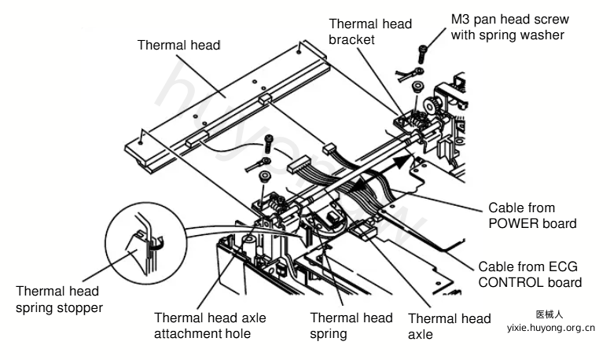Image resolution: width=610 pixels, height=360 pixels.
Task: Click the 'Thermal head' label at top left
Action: point(178,45)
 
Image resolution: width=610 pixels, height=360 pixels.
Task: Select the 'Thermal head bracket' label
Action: point(370,31)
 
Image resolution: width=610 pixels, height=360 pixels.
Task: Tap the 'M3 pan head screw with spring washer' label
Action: point(509,27)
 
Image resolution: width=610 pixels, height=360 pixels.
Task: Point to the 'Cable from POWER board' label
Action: point(532,215)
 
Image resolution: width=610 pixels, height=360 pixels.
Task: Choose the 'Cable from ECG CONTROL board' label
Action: point(530,274)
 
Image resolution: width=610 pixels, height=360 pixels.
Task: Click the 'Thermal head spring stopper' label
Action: point(59,299)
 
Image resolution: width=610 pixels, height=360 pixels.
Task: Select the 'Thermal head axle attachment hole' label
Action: point(210,325)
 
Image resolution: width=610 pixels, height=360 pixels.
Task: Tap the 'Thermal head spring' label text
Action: point(351,325)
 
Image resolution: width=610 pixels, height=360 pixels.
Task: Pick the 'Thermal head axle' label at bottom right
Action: point(449,326)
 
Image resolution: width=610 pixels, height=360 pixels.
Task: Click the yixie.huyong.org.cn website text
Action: point(550,328)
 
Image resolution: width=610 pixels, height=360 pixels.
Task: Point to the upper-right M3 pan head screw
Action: point(422,53)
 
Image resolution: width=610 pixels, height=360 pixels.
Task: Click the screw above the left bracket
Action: point(268,144)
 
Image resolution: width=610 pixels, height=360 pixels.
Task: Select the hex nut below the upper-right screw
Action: point(419,86)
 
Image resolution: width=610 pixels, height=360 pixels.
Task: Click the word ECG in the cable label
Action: point(563,267)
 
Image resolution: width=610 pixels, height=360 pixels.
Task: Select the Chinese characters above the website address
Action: point(549,314)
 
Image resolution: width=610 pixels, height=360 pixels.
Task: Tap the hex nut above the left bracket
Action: point(265,177)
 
